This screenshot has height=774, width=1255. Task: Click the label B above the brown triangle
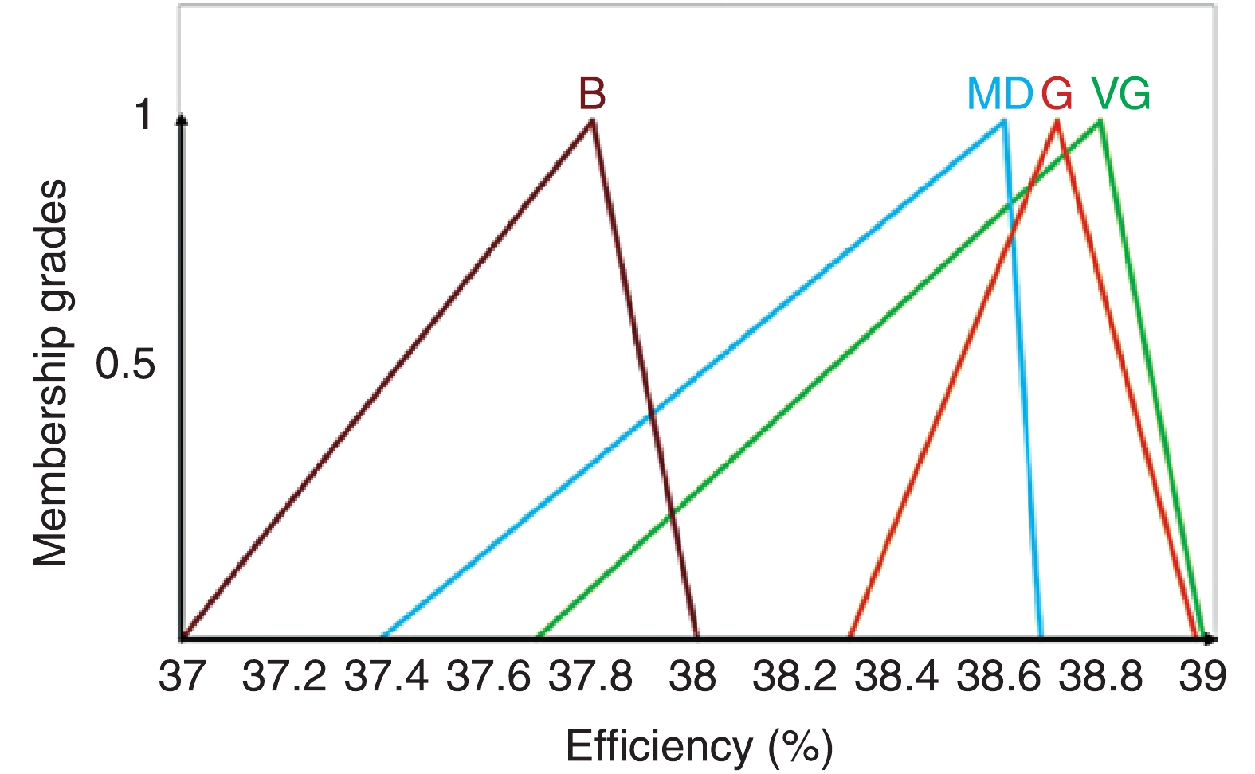tap(592, 94)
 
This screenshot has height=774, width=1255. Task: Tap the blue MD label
tap(999, 95)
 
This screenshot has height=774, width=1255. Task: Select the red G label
tap(1057, 95)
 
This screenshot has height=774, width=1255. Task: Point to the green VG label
tap(1121, 95)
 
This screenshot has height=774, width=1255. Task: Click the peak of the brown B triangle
tap(592, 121)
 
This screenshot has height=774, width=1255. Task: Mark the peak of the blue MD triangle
tap(1003, 121)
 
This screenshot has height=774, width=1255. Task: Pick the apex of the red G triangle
tap(1057, 121)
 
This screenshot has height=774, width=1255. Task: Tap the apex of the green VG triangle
tap(1100, 121)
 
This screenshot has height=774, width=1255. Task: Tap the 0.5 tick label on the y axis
tap(125, 365)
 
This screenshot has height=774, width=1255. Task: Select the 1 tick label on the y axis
tap(143, 115)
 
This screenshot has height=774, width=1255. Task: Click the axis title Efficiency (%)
tap(699, 747)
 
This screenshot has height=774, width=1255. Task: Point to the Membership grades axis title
tap(50, 373)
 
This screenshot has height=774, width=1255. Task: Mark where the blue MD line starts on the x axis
tap(383, 637)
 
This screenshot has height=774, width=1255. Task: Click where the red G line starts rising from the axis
tap(850, 637)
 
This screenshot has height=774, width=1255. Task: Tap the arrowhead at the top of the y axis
tap(182, 119)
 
